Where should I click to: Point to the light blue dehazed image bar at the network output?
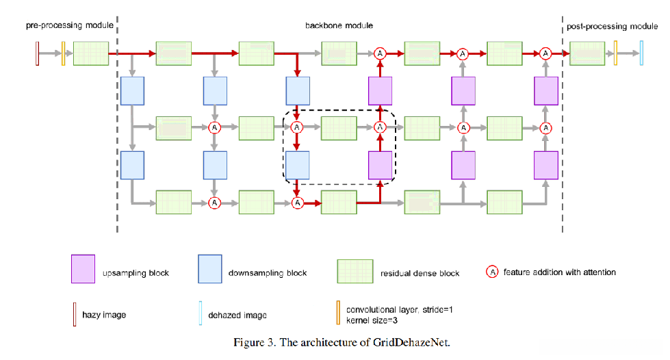[x=641, y=53]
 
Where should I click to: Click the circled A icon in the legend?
[x=492, y=272]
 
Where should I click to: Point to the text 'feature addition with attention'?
[x=560, y=272]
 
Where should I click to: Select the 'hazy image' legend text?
[x=104, y=314]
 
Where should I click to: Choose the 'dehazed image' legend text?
[x=237, y=314]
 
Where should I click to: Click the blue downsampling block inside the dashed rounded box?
[x=297, y=165]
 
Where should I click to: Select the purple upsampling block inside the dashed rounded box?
[x=381, y=165]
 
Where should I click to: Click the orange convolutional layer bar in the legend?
[x=337, y=313]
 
